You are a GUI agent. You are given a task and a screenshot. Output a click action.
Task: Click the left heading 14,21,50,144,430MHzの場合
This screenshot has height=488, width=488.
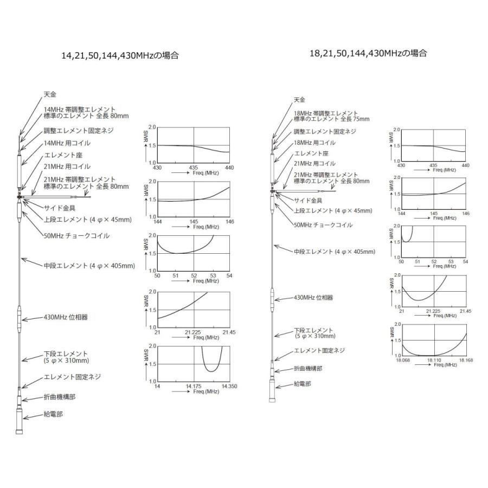pyautogui.click(x=120, y=56)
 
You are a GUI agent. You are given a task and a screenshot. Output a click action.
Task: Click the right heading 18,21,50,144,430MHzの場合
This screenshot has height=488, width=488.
pyautogui.click(x=368, y=53)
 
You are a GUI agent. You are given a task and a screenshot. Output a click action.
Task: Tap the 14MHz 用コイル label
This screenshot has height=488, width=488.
pyautogui.click(x=67, y=143)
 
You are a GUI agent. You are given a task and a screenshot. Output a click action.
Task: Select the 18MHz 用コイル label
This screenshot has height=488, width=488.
pyautogui.click(x=314, y=143)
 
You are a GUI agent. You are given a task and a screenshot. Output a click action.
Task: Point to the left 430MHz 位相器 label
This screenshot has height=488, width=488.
pyautogui.click(x=66, y=317)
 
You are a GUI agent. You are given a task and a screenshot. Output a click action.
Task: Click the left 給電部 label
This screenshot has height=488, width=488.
pyautogui.click(x=53, y=414)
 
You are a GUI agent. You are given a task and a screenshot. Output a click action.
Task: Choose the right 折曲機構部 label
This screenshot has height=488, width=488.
pyautogui.click(x=308, y=369)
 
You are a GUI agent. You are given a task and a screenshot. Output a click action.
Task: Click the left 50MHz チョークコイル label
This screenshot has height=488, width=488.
pyautogui.click(x=76, y=236)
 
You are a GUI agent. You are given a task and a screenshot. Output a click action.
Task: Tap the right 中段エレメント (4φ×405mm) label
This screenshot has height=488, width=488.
pyautogui.click(x=335, y=252)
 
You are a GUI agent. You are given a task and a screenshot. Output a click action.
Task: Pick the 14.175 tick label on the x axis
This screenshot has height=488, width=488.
pyautogui.click(x=194, y=386)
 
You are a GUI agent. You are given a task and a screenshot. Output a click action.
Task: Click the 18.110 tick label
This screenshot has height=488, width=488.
pyautogui.click(x=434, y=360)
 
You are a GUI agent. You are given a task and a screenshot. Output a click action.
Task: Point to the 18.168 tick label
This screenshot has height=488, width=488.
pyautogui.click(x=466, y=360)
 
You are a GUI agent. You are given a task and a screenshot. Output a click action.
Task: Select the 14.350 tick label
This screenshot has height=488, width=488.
pyautogui.click(x=229, y=386)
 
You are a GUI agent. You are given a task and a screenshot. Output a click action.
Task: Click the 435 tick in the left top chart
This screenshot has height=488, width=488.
pyautogui.click(x=194, y=168)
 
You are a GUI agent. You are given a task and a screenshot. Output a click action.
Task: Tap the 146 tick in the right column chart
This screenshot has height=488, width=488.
pyautogui.click(x=466, y=214)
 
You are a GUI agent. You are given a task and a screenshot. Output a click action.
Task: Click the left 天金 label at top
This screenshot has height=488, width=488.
pyautogui.click(x=50, y=94)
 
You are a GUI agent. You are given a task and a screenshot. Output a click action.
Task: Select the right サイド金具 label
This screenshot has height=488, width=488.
pyautogui.click(x=308, y=201)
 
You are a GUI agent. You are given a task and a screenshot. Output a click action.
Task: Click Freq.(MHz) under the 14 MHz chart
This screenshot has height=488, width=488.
pyautogui.click(x=206, y=391)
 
